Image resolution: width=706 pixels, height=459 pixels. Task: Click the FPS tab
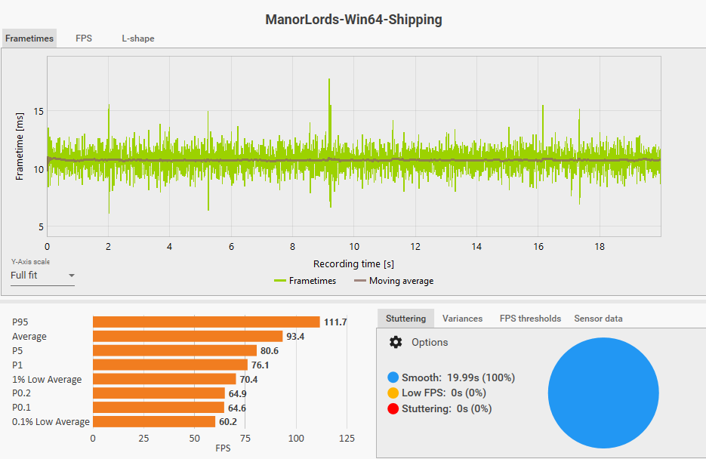pyautogui.click(x=84, y=39)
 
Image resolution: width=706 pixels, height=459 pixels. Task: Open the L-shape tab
pyautogui.click(x=138, y=39)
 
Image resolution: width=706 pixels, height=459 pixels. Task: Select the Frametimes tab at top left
pyautogui.click(x=29, y=39)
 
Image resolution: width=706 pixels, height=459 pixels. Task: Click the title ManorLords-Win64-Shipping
pyautogui.click(x=353, y=20)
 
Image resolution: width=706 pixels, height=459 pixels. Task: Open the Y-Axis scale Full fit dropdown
pyautogui.click(x=43, y=276)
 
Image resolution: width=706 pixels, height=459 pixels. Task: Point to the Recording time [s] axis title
pyautogui.click(x=353, y=264)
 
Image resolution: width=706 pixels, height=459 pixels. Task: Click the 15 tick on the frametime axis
pyautogui.click(x=39, y=112)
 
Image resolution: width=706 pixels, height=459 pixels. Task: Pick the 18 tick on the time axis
pyautogui.click(x=600, y=247)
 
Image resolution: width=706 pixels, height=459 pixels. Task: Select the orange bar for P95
pyautogui.click(x=206, y=322)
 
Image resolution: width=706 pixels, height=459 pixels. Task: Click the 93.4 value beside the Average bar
pyautogui.click(x=294, y=337)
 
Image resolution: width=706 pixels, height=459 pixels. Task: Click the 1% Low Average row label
pyautogui.click(x=47, y=379)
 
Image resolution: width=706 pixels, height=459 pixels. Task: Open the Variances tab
pyautogui.click(x=462, y=319)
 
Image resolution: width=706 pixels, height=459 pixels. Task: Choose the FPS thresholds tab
pyautogui.click(x=530, y=319)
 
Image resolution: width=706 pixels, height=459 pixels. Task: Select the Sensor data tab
pyautogui.click(x=598, y=319)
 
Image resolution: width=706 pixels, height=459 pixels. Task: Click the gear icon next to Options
pyautogui.click(x=396, y=343)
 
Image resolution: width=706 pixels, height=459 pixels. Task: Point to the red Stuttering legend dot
pyautogui.click(x=393, y=409)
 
